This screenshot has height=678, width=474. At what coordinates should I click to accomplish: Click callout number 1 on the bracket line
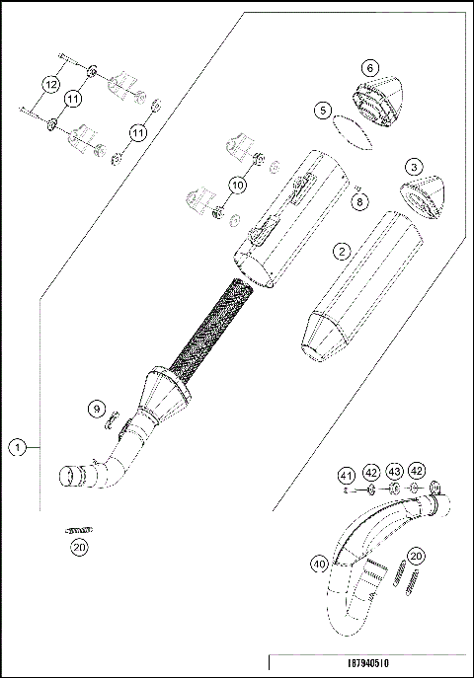pos(17,447)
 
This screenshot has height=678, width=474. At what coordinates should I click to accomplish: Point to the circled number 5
pos(323,112)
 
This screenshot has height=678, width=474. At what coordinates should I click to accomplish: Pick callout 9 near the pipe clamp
pos(96,409)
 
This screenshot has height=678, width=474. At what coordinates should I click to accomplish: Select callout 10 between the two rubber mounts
pos(237,184)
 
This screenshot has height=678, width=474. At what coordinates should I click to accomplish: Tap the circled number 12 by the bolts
pos(48,87)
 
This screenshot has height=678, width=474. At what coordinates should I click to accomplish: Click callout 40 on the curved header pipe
pos(318,565)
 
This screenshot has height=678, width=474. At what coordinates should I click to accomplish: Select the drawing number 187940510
pos(366,665)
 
